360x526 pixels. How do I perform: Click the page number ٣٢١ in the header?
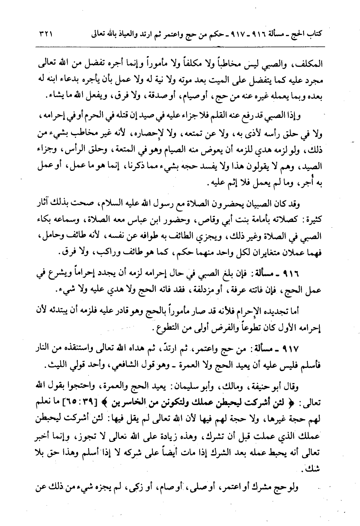pyautogui.click(x=45, y=34)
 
